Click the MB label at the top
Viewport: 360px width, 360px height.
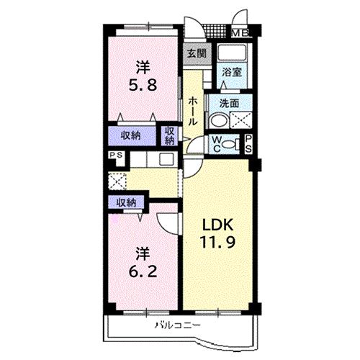click(x=240, y=32)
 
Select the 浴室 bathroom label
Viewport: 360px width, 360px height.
click(x=231, y=73)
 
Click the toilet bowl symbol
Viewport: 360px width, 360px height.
click(x=230, y=144)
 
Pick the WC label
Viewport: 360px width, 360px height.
click(x=216, y=144)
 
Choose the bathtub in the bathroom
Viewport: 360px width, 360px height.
click(x=232, y=54)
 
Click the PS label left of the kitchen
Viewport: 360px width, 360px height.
click(x=114, y=156)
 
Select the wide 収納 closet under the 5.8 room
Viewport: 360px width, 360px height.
click(x=131, y=136)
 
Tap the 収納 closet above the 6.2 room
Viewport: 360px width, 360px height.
click(x=126, y=203)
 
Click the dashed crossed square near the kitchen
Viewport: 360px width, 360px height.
click(x=117, y=181)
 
